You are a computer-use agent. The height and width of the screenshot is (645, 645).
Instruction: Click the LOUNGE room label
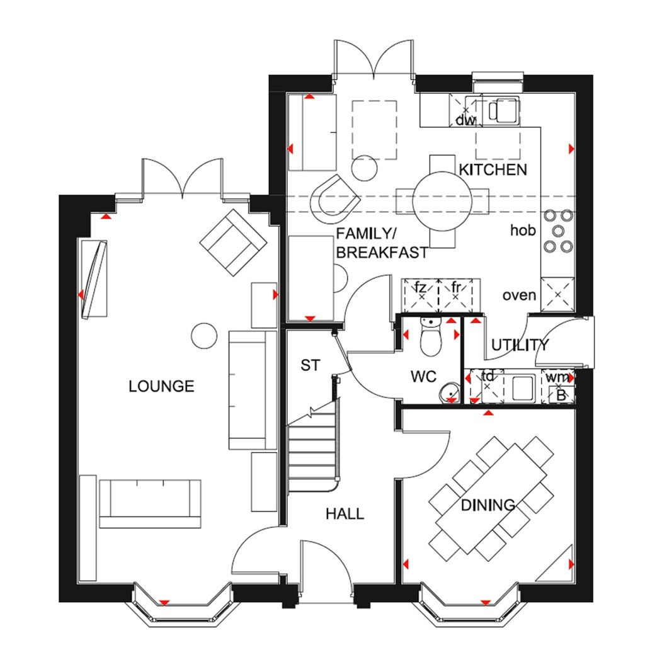tap(161, 386)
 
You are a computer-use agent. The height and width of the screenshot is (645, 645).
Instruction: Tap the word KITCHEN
tap(493, 169)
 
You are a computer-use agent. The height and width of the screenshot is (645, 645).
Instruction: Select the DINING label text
tap(488, 505)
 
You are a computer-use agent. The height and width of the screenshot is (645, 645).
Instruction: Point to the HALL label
tap(345, 514)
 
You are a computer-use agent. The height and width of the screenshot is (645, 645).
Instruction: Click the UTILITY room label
tap(520, 345)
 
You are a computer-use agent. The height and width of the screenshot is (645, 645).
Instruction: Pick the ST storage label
tap(310, 365)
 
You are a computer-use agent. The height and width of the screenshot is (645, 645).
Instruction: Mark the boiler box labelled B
tap(561, 395)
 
